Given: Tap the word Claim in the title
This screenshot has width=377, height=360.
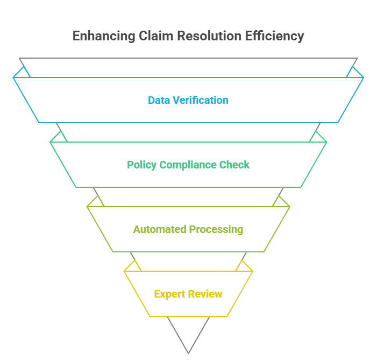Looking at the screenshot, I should click(x=152, y=36).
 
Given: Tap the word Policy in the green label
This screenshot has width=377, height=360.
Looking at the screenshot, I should click(x=141, y=165).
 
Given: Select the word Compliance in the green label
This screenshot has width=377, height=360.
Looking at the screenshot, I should click(x=189, y=165).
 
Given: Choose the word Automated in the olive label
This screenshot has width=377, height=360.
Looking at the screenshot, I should click(x=159, y=230).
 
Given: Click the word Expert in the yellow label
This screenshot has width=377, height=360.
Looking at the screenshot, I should click(x=169, y=294).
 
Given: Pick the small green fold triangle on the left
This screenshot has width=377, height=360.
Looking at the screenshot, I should click(x=59, y=138).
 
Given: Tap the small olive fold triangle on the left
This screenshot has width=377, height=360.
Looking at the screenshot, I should click(x=96, y=202).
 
